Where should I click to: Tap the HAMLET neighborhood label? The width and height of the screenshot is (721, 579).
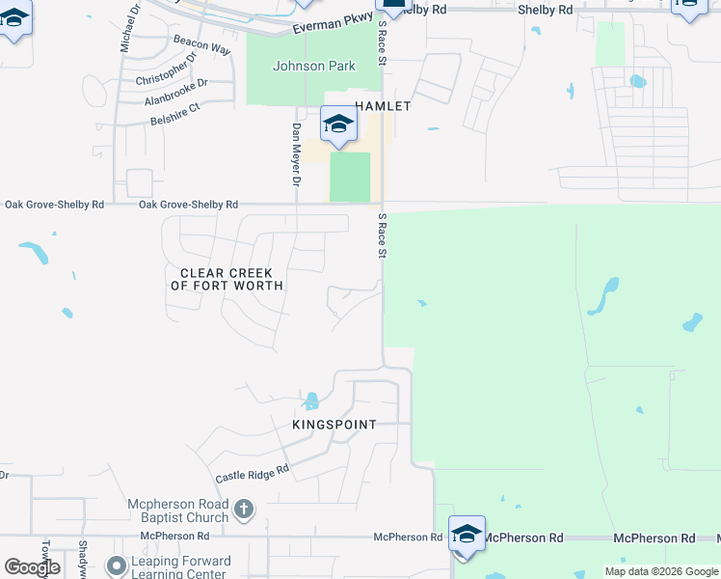pos(383,106)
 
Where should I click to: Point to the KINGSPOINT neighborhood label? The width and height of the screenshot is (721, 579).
pos(334,425)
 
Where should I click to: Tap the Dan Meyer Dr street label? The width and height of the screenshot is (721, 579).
pos(297,154)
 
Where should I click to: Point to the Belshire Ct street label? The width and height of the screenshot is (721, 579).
pos(174,115)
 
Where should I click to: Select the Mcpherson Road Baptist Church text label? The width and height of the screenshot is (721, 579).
pos(178,511)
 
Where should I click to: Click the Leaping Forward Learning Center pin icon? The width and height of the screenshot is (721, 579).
pos(116,565)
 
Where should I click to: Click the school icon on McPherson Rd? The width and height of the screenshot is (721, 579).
pos(467,535)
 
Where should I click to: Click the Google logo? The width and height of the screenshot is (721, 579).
pos(32,567)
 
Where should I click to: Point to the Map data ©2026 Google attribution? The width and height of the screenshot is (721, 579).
pos(662,571)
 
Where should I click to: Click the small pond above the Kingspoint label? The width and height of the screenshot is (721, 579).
pos(311,400)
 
